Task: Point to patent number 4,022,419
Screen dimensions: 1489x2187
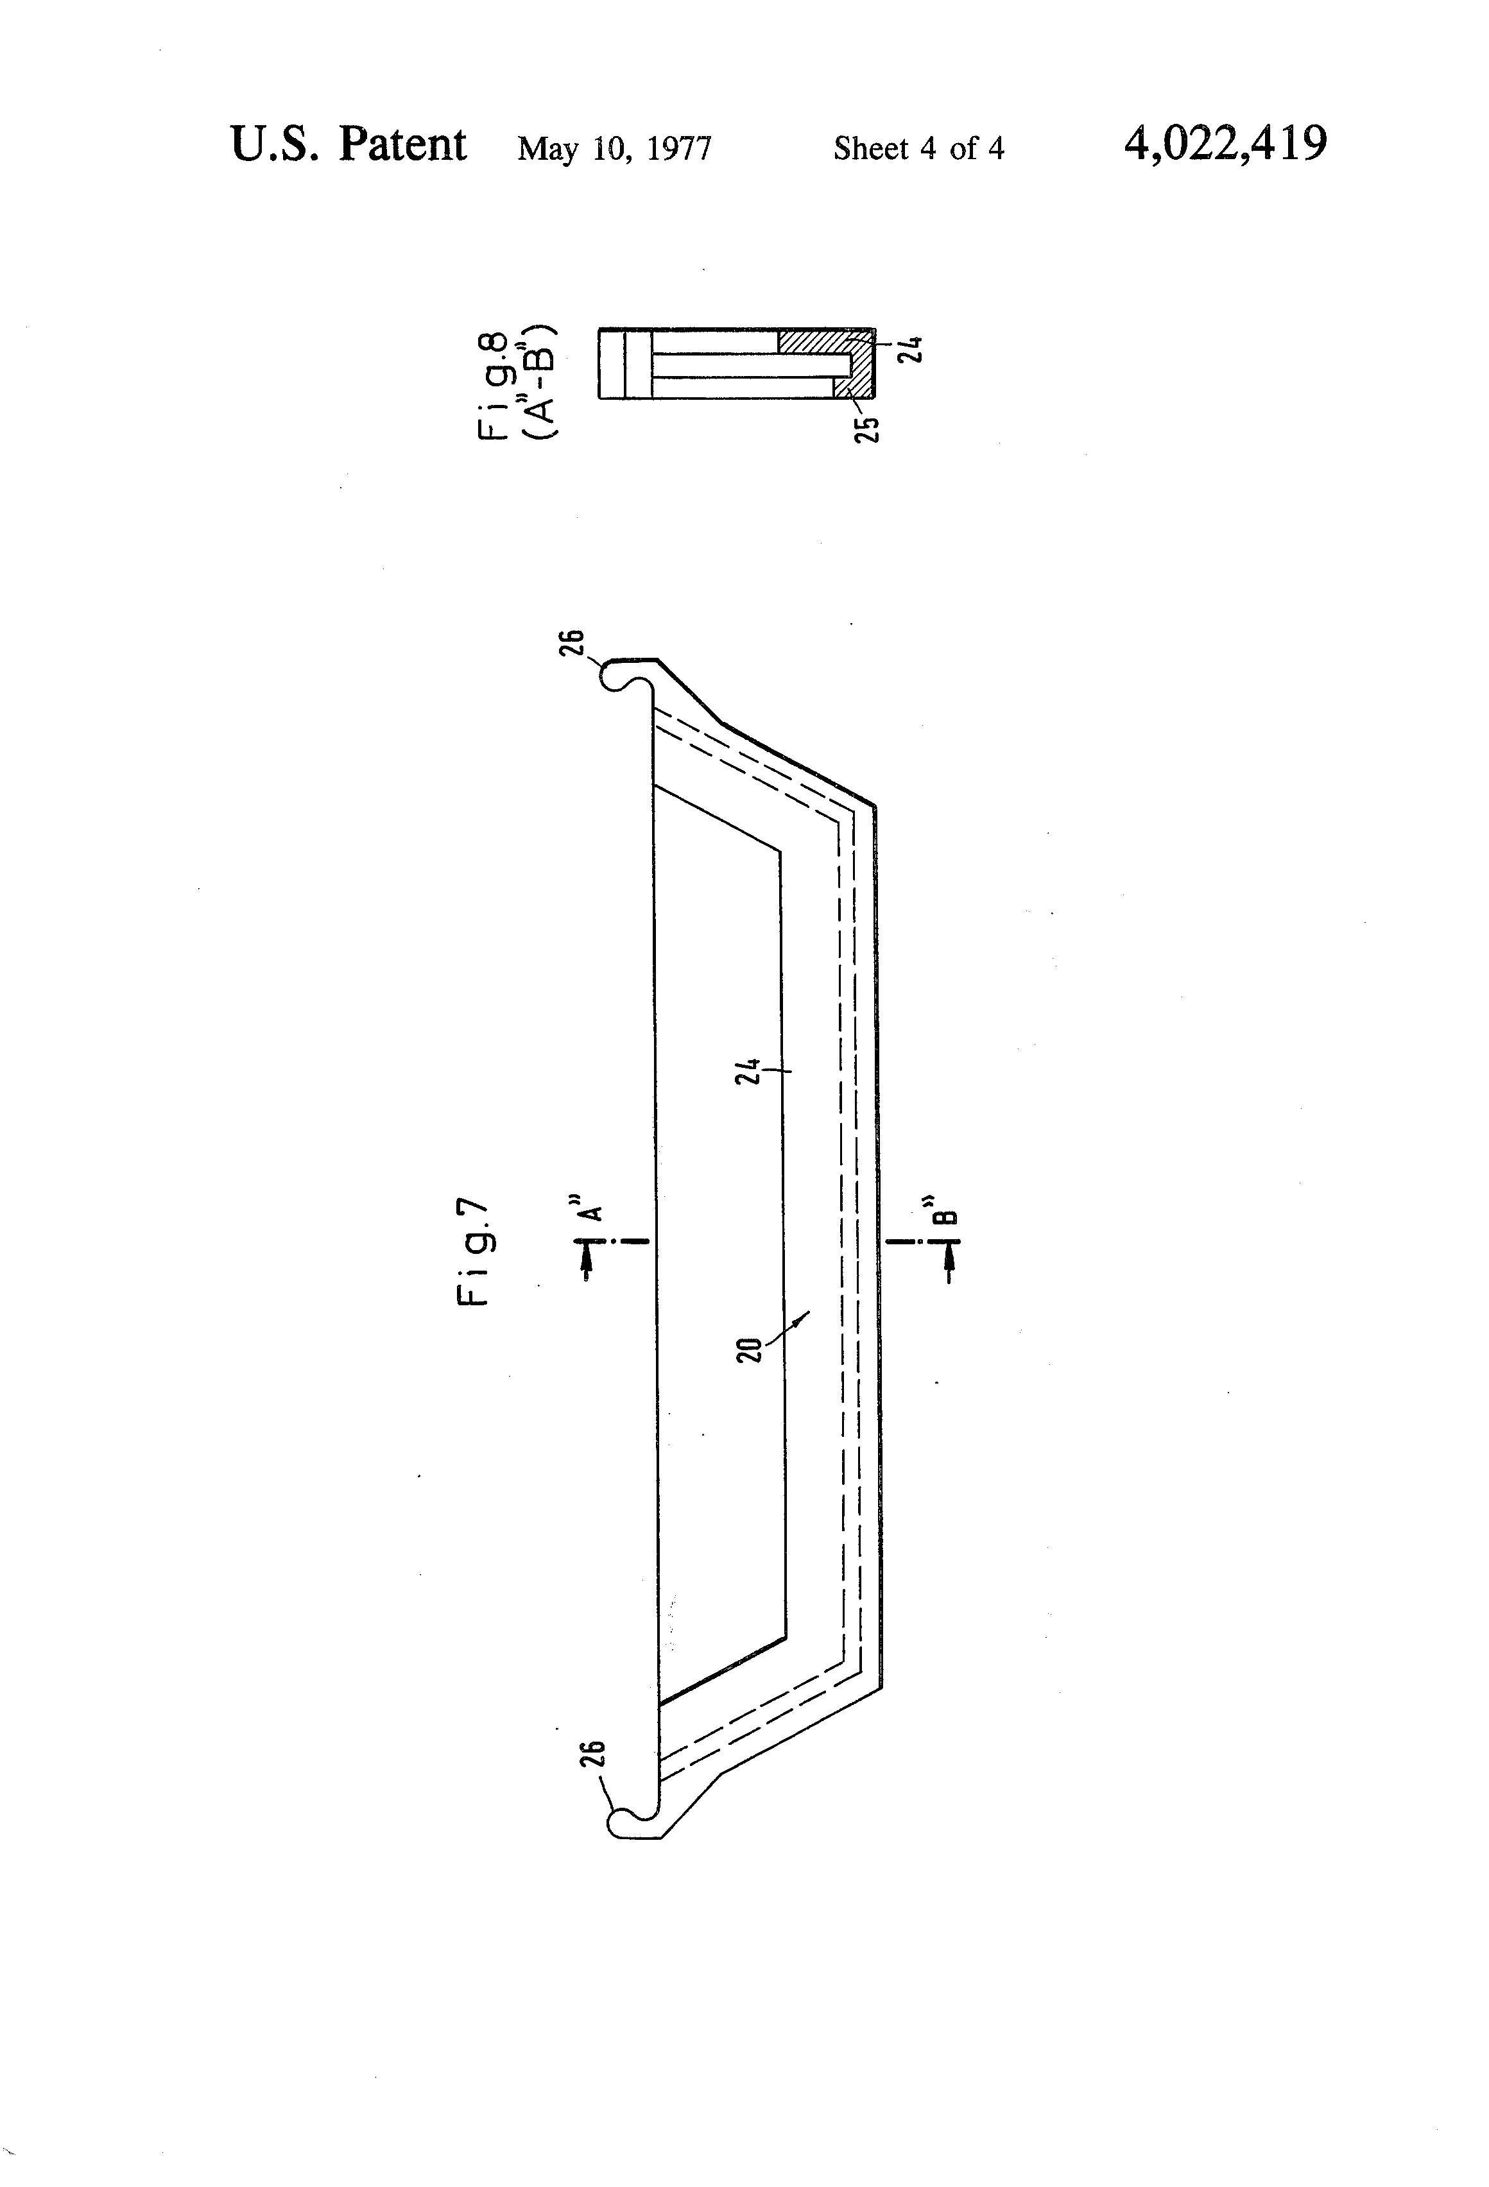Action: click(1225, 144)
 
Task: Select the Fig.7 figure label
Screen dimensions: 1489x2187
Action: click(474, 1251)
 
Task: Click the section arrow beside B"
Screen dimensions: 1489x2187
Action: click(949, 1260)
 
